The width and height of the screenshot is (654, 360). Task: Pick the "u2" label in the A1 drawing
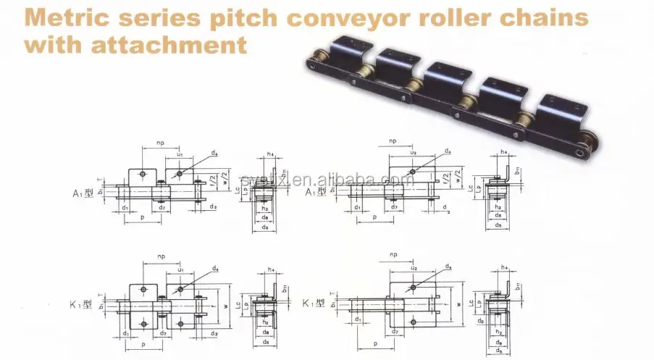click(x=413, y=153)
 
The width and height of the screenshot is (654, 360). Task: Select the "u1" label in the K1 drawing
click(x=181, y=269)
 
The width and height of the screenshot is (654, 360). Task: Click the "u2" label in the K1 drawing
click(x=414, y=268)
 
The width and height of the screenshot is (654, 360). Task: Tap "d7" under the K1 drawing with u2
click(x=395, y=331)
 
